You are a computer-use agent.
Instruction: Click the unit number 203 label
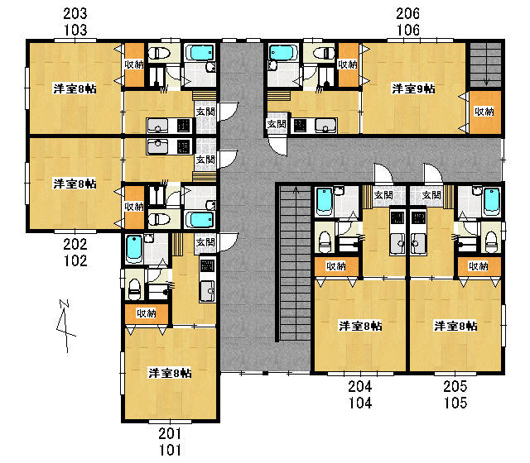(x=75, y=14)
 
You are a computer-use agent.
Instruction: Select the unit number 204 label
(x=360, y=386)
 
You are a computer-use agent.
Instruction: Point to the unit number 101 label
(x=170, y=450)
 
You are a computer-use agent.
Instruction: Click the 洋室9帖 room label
(x=413, y=88)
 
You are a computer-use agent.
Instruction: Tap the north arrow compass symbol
(x=65, y=326)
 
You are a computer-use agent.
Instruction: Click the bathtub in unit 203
(x=200, y=53)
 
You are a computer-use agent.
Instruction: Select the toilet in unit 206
(x=323, y=53)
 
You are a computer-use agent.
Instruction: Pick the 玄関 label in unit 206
(x=277, y=124)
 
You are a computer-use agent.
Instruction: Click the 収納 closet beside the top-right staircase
(x=484, y=112)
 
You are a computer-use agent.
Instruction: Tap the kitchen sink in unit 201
(x=207, y=290)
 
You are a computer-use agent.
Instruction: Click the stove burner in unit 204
(x=397, y=217)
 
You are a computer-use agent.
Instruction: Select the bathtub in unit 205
(x=492, y=202)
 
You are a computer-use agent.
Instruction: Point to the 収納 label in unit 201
(x=146, y=313)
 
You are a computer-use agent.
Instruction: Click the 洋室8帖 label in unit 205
(x=455, y=326)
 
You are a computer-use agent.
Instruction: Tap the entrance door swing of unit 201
(x=229, y=242)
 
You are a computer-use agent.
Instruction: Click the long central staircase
(x=295, y=263)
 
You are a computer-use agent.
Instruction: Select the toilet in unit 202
(x=159, y=219)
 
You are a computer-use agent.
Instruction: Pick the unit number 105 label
(x=455, y=403)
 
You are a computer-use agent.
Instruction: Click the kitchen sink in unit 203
(x=158, y=126)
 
